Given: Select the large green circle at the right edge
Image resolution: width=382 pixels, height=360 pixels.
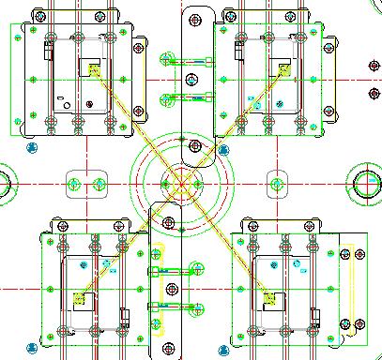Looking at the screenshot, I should (x=367, y=182).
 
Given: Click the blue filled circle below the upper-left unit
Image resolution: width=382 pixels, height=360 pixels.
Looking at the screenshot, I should (x=32, y=147).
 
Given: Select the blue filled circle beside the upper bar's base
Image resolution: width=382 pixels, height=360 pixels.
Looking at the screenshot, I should (x=222, y=148).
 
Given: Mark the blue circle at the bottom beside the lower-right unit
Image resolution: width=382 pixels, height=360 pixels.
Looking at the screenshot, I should (x=359, y=324).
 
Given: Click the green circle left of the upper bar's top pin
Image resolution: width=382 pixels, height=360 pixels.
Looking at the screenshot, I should (x=166, y=58).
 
